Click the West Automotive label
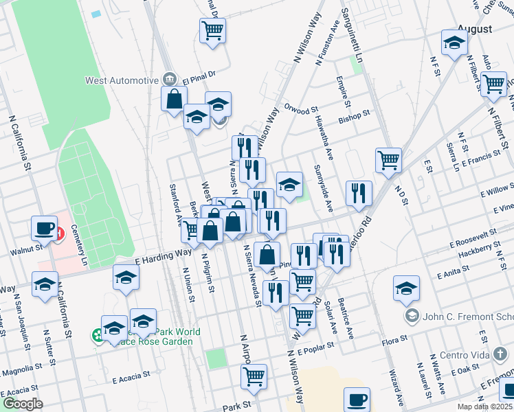(x=122, y=80)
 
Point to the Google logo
(x=23, y=404)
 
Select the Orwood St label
(x=301, y=108)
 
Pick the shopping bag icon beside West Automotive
(x=175, y=98)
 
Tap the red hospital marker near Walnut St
(x=60, y=233)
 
